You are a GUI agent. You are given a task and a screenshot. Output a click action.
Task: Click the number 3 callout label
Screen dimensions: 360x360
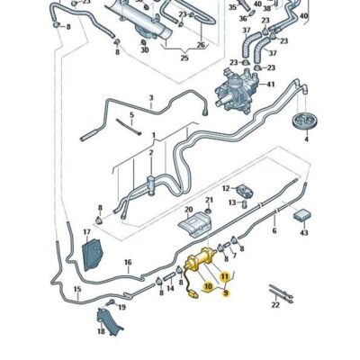[x=150, y=97]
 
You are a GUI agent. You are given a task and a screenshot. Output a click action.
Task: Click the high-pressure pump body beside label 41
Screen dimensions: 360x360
[x=236, y=93]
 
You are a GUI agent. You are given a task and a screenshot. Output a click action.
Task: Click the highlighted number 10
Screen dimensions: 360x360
[x=207, y=286]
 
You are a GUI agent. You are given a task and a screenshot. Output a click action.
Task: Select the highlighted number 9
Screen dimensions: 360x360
[x=226, y=293]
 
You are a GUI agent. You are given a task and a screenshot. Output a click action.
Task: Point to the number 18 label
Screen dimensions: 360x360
[x=101, y=332]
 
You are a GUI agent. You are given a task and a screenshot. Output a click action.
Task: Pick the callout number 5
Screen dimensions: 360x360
[x=131, y=115]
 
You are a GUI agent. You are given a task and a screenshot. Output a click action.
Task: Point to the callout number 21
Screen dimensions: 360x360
[x=210, y=200]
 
